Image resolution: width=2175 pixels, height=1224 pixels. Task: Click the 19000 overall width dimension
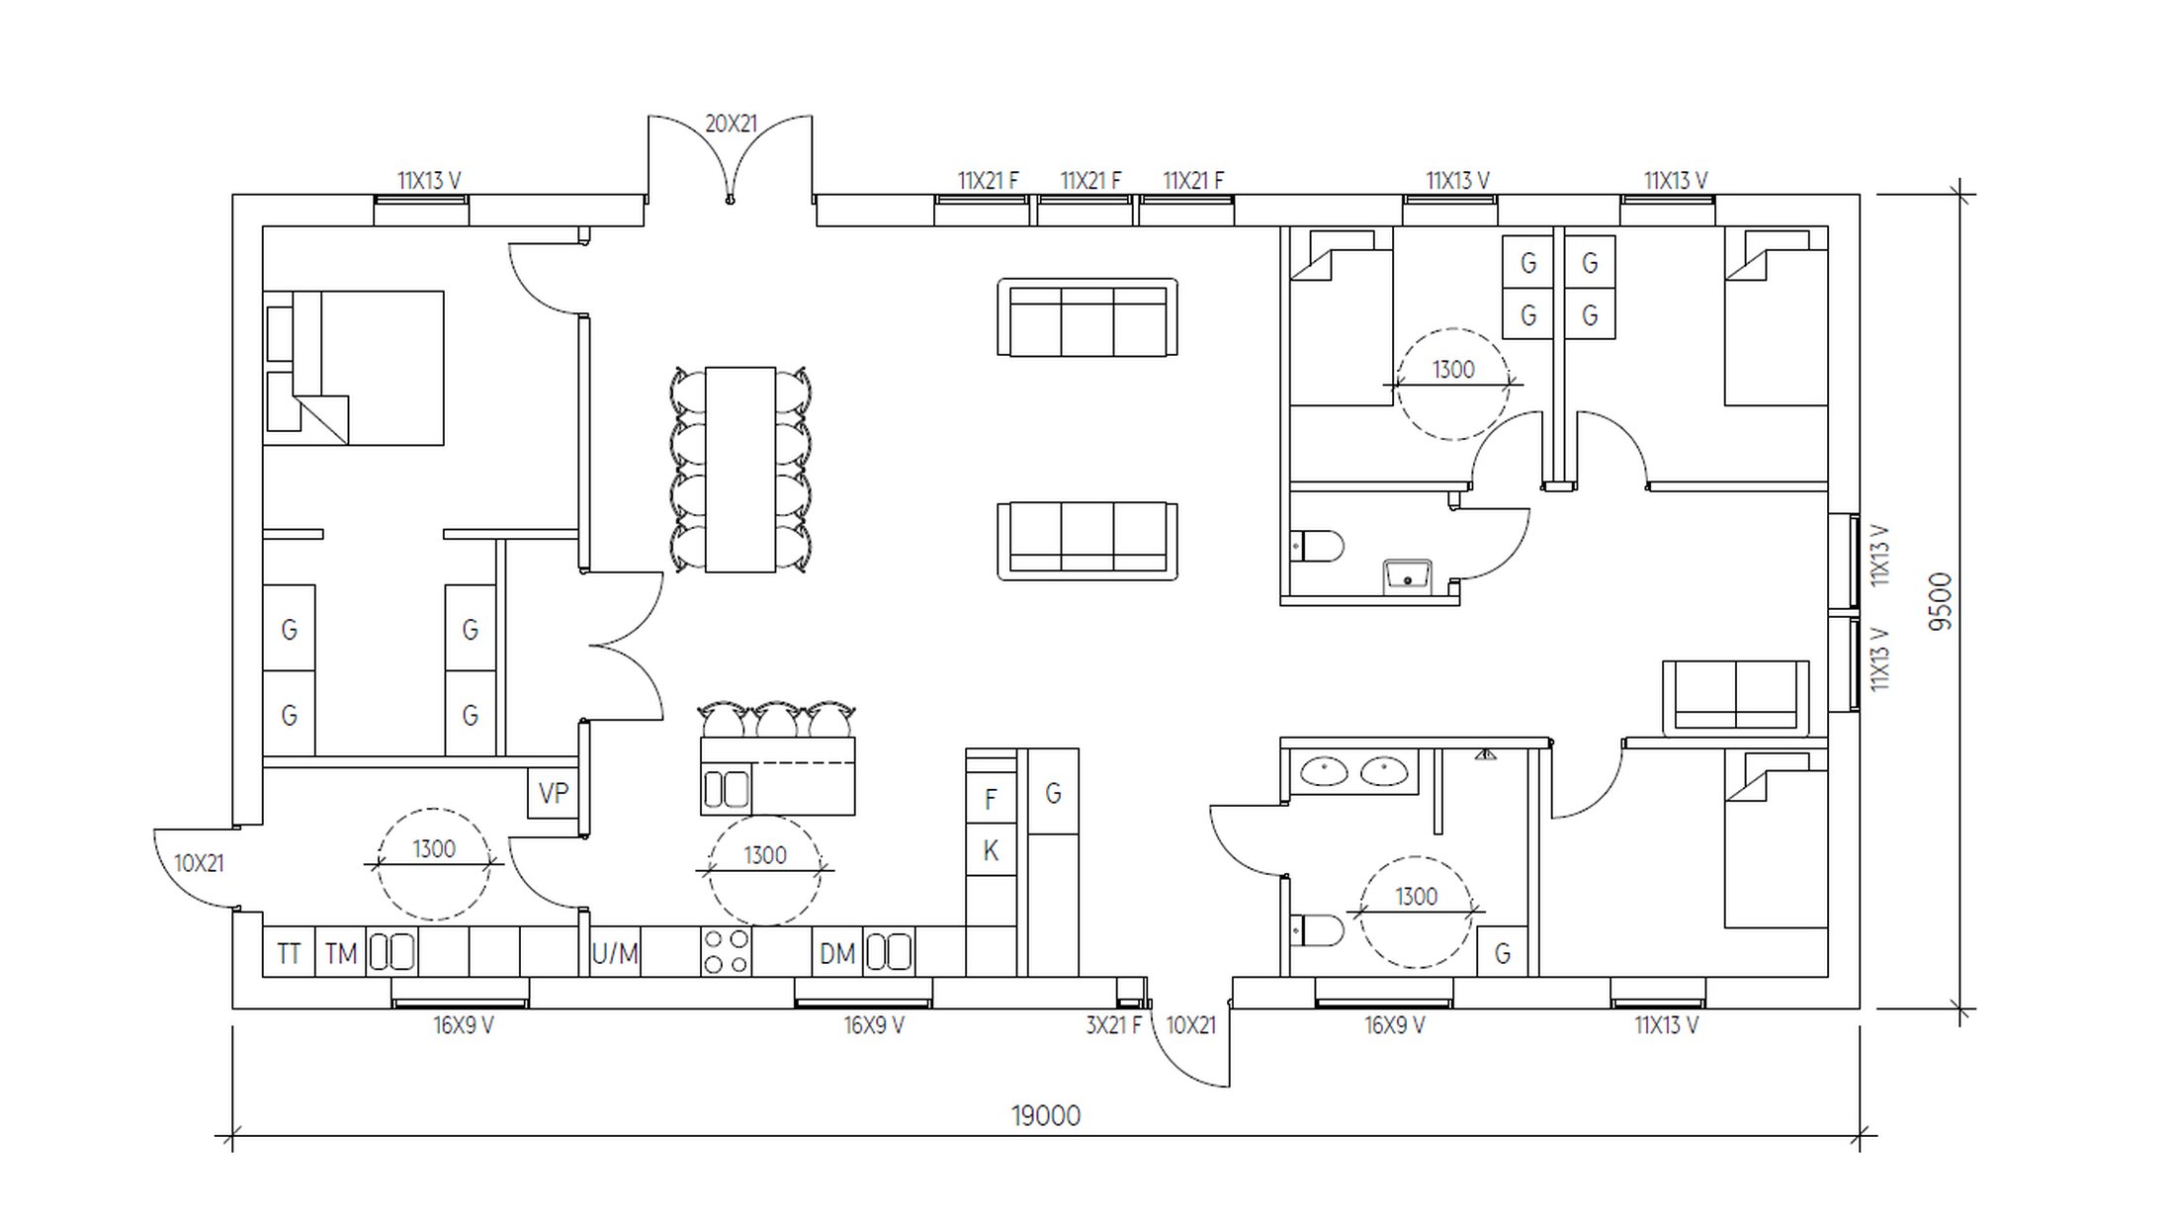[1046, 1116]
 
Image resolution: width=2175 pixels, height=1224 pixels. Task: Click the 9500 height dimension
[1941, 601]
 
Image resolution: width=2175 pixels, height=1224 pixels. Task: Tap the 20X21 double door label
[731, 124]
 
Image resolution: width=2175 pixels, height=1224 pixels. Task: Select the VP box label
[554, 793]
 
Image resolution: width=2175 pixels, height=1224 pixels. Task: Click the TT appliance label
[289, 953]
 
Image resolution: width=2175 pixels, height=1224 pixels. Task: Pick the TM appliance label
[341, 953]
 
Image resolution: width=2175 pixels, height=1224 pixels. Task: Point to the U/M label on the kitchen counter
[615, 953]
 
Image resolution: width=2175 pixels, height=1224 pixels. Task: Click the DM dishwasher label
[837, 953]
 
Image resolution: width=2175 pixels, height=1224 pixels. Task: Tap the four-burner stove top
[727, 951]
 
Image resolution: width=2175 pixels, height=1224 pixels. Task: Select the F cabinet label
[991, 799]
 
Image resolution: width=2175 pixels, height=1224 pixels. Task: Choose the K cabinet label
[991, 850]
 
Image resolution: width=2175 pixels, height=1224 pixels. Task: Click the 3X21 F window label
[1113, 1025]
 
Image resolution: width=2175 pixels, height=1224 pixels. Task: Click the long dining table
[740, 470]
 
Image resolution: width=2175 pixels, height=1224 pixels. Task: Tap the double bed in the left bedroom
[353, 368]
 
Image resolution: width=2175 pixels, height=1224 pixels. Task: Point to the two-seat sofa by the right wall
[1736, 698]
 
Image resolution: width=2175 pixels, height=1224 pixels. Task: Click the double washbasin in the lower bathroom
[1354, 771]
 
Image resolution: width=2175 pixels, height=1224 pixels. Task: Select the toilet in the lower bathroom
[1317, 930]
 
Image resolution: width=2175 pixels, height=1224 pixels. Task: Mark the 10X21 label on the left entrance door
[199, 863]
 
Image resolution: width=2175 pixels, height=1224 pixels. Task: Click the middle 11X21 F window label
[1090, 181]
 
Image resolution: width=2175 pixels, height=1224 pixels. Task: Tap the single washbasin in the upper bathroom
[1407, 575]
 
